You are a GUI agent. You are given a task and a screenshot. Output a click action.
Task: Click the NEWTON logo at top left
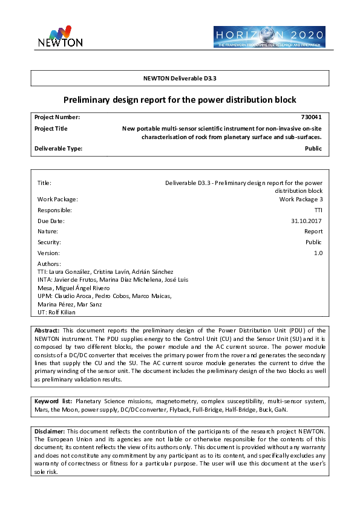[60, 36]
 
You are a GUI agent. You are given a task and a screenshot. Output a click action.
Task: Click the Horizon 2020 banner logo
[269, 37]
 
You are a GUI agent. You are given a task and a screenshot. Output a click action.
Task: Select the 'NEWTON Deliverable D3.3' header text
[180, 78]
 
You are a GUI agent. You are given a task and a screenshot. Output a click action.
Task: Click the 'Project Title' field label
[51, 128]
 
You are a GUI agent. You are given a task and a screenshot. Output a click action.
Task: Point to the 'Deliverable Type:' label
[58, 148]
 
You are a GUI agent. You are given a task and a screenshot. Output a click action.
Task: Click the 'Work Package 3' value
[301, 199]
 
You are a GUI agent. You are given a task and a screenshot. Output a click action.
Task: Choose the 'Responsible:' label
[54, 210]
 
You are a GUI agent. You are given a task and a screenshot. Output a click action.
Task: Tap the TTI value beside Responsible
[318, 210]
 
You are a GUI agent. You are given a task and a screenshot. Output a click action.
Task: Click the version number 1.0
[318, 253]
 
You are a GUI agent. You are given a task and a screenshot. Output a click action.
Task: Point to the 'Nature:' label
[48, 231]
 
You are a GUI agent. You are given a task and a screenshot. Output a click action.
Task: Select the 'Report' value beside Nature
[313, 231]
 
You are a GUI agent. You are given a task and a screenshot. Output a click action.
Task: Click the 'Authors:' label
[49, 264]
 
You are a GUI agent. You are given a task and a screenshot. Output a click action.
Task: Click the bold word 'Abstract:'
[47, 331]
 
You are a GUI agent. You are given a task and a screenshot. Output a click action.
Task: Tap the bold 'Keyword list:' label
[53, 401]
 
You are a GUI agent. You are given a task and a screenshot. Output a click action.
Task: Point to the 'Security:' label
[49, 242]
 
